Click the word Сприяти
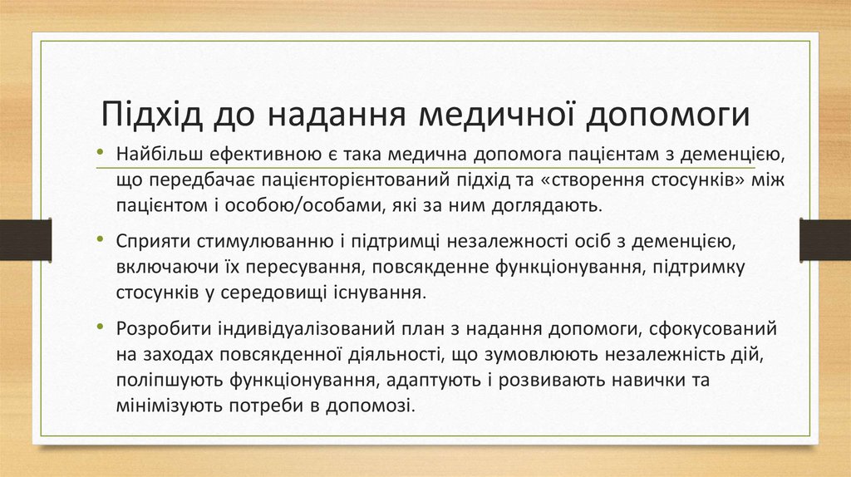point(152,242)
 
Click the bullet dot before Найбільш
point(100,153)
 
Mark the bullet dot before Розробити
point(100,327)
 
